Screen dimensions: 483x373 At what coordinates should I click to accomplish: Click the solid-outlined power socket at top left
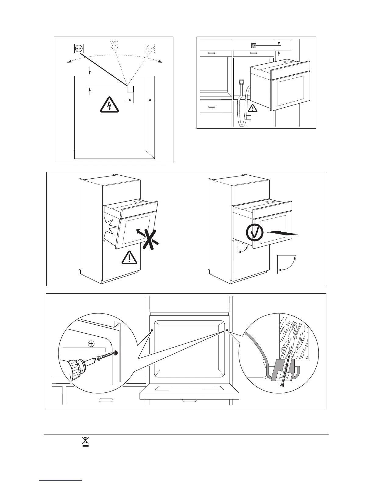tap(79, 48)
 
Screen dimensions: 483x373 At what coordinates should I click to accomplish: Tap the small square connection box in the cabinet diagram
tap(130, 89)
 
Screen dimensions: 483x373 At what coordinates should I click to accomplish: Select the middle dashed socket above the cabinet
tap(114, 46)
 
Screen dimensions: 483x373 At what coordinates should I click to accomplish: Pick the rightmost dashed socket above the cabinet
tap(150, 48)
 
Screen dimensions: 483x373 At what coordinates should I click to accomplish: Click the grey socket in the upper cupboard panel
tap(253, 46)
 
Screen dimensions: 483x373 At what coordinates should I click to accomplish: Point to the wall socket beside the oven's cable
tap(242, 82)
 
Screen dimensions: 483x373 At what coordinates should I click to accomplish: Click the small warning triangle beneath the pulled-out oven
tap(253, 108)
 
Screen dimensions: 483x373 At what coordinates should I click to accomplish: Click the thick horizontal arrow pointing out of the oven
tap(282, 233)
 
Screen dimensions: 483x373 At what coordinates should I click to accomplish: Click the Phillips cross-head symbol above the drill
tap(91, 344)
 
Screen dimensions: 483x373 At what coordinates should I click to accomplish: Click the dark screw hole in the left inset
tap(116, 353)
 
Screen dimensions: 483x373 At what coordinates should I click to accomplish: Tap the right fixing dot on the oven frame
tap(227, 330)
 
